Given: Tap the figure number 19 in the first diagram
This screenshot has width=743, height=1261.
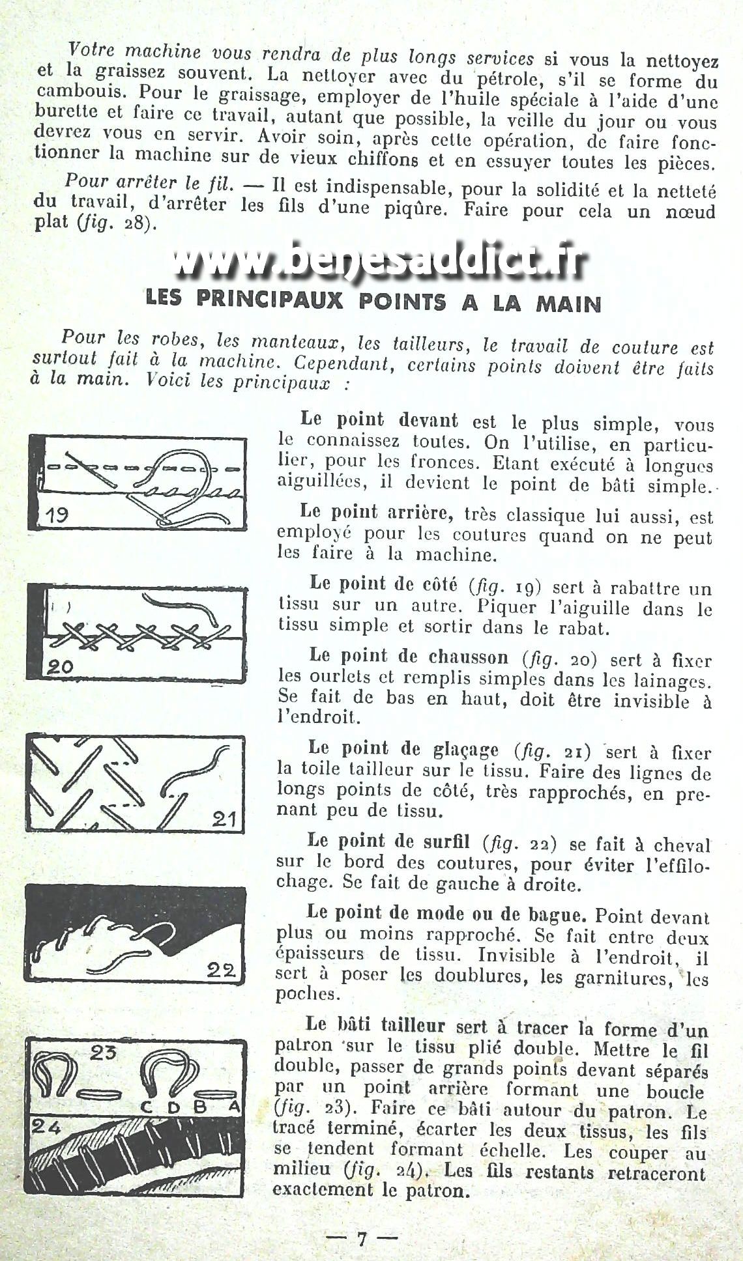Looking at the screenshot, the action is pyautogui.click(x=57, y=515).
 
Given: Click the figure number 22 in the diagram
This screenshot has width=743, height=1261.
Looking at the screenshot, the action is pyautogui.click(x=220, y=970).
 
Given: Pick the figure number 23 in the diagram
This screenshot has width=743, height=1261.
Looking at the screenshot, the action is pyautogui.click(x=102, y=1052).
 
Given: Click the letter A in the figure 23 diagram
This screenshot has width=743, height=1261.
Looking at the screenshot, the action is pyautogui.click(x=235, y=1107).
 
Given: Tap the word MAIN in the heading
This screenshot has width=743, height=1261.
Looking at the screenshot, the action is pyautogui.click(x=568, y=304).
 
